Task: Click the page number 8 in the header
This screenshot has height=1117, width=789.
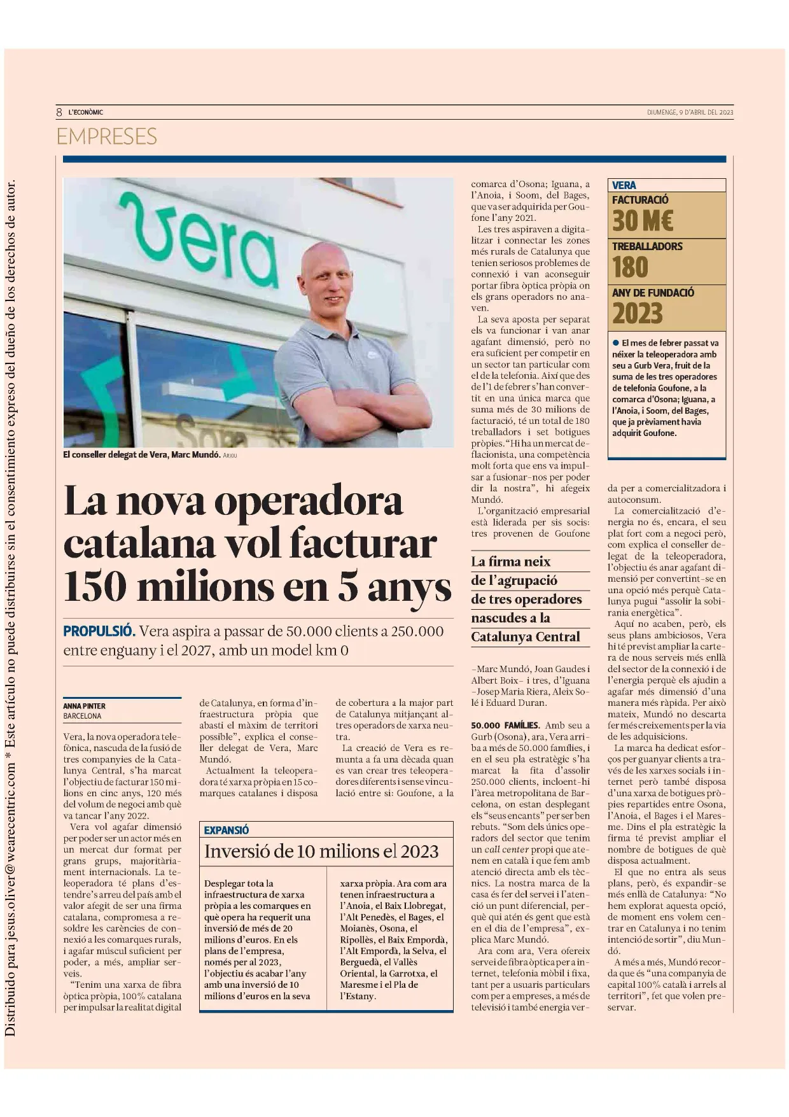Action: click(x=59, y=112)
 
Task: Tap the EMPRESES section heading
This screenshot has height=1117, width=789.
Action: click(x=106, y=136)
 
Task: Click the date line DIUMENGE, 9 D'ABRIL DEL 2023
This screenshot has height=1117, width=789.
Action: click(x=690, y=113)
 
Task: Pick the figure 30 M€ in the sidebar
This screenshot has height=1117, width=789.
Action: click(x=642, y=221)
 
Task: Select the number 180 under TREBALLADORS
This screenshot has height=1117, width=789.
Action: click(x=630, y=267)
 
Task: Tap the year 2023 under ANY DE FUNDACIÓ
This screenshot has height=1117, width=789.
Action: click(x=638, y=314)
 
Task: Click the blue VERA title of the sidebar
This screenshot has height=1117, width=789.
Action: click(x=624, y=185)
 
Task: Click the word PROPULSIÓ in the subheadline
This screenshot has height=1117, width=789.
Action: click(x=99, y=631)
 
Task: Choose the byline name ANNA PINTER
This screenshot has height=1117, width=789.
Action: click(x=84, y=706)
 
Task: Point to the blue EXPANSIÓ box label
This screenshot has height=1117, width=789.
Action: click(x=226, y=830)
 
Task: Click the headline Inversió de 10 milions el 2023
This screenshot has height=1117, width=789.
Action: click(x=321, y=852)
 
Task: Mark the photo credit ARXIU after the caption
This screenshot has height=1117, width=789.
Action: click(x=230, y=456)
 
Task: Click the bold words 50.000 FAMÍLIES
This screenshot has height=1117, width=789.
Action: click(x=505, y=725)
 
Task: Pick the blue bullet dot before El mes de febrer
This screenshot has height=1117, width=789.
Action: click(x=615, y=342)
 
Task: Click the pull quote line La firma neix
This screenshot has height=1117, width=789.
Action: click(x=510, y=561)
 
